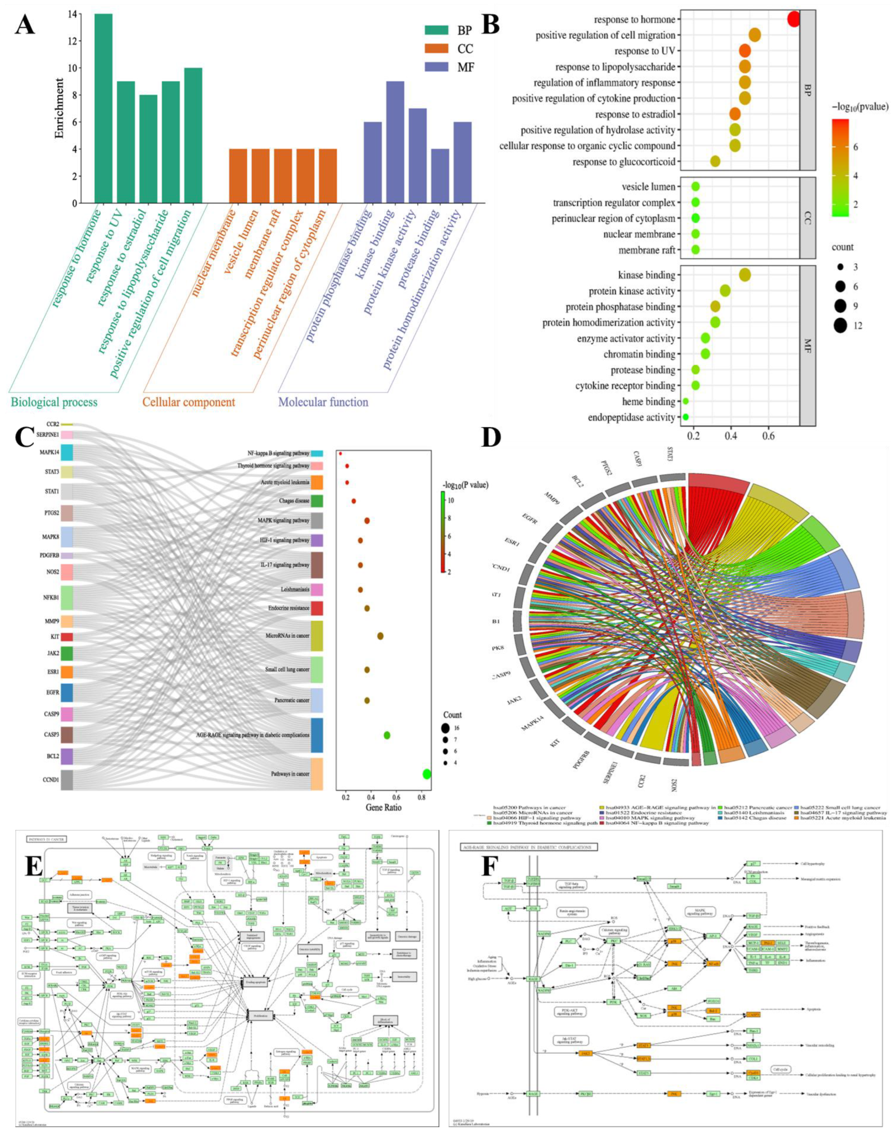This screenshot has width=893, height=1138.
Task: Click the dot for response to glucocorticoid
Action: (x=715, y=162)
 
